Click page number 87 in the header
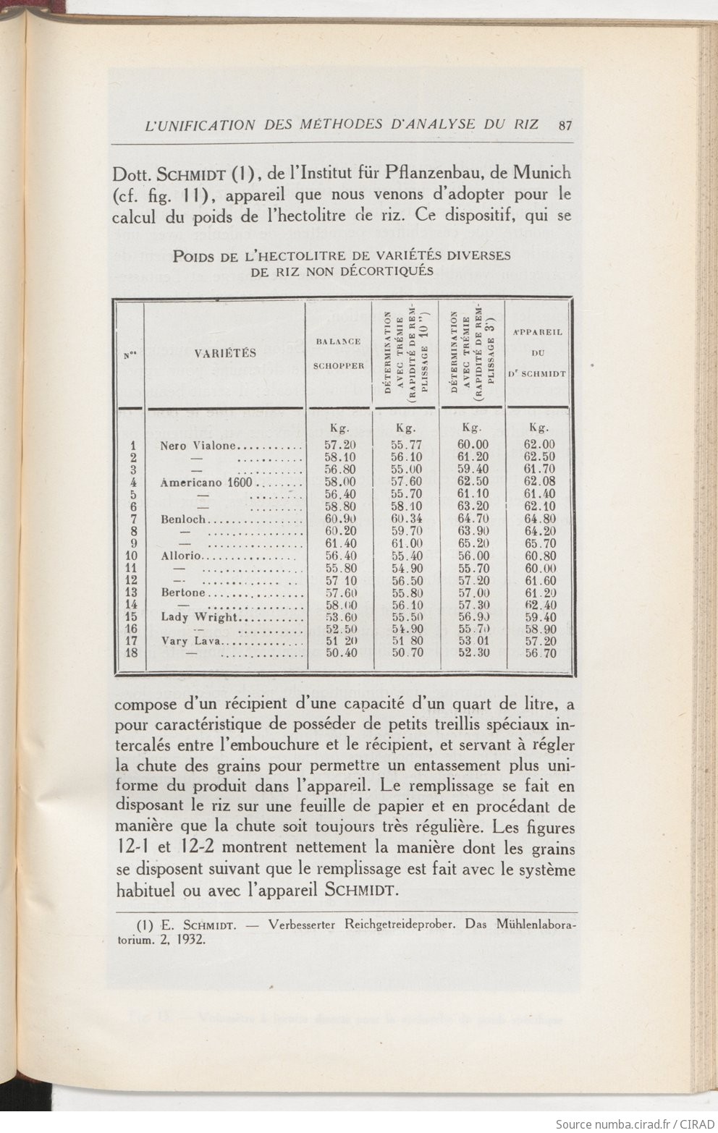[565, 124]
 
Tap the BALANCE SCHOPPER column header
[339, 353]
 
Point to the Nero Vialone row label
[198, 446]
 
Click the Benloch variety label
[184, 519]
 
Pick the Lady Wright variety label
[199, 617]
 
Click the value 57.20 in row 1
[339, 446]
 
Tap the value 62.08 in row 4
[539, 483]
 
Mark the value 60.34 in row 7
[406, 519]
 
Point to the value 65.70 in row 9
[539, 543]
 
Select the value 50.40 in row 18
[339, 653]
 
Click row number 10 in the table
[131, 556]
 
